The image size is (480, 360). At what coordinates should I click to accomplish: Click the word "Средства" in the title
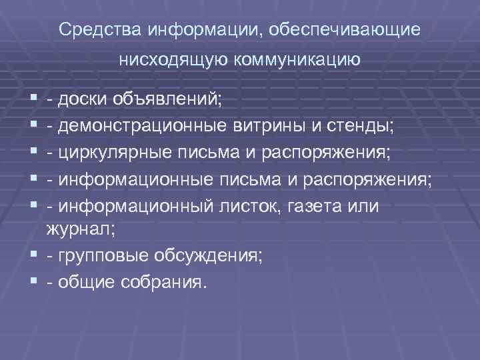click(101, 31)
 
